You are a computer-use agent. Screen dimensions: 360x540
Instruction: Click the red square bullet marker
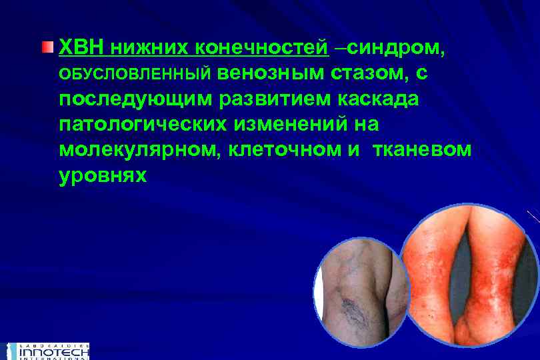tap(46, 48)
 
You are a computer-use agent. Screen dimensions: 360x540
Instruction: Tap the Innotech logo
tap(47, 351)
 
